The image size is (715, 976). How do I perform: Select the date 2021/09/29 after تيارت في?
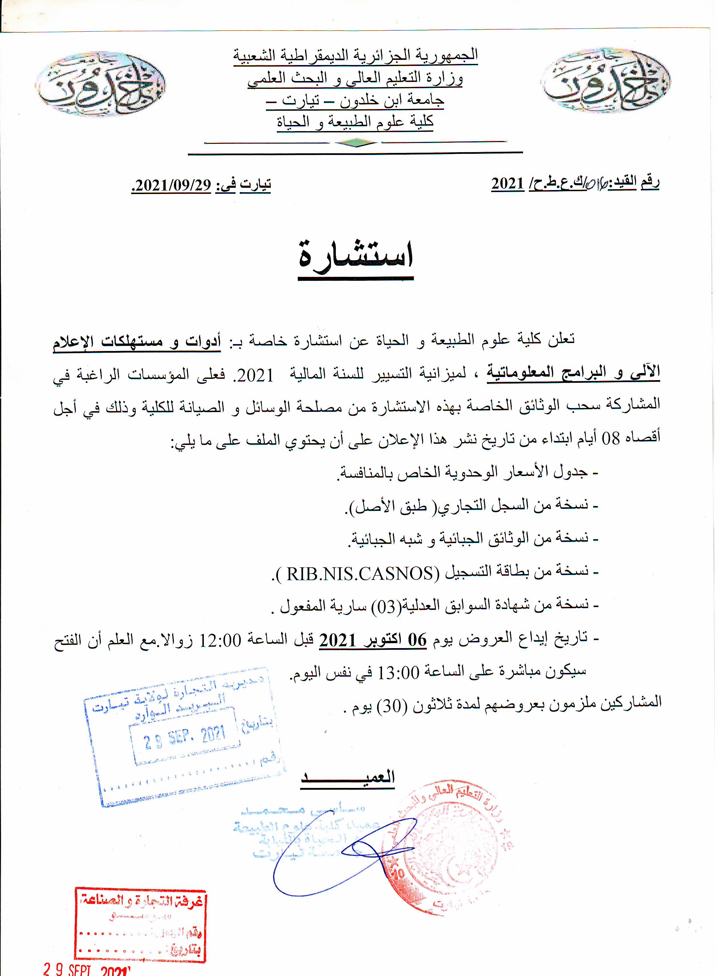[x=171, y=185]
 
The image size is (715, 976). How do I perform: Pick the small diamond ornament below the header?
[x=356, y=143]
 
